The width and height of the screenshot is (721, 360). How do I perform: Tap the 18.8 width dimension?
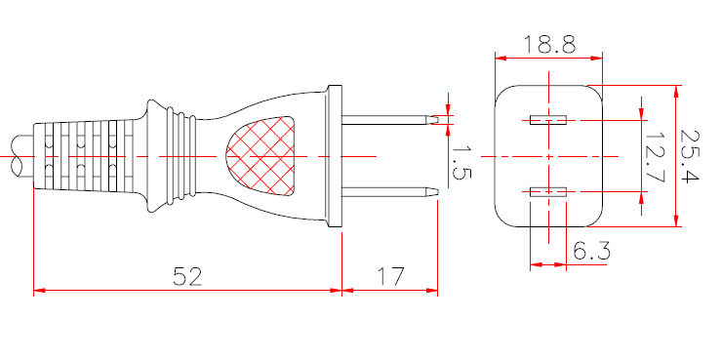548,44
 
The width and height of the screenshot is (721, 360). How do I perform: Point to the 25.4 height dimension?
694,157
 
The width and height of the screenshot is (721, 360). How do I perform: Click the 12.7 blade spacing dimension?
656,157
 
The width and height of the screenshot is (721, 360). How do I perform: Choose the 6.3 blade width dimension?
591,252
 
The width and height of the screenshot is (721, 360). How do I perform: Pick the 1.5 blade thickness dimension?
461,162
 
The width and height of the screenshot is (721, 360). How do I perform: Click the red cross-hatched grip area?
260,156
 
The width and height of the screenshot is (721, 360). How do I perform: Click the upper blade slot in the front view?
547,121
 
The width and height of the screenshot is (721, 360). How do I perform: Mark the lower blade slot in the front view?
547,192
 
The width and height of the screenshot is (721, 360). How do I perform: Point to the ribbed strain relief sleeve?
83,156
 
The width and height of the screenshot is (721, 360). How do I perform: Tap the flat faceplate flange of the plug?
336,156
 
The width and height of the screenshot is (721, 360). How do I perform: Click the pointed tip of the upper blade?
434,121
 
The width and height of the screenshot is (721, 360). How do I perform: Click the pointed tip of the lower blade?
434,190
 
